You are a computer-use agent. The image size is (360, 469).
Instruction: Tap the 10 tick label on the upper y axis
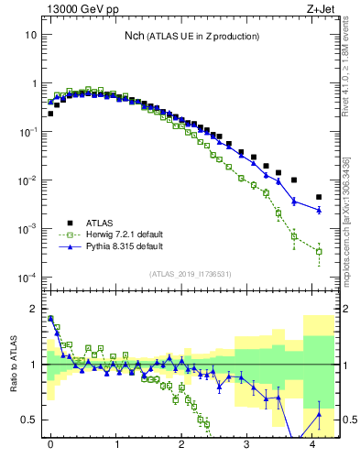[x=30, y=35]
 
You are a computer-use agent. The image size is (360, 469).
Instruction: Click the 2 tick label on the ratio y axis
[x=33, y=309]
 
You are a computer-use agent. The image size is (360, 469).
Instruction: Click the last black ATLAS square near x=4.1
[x=319, y=197]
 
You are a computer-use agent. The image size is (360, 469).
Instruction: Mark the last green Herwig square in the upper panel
[x=319, y=251]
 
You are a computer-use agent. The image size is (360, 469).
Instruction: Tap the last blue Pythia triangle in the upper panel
[x=319, y=210]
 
